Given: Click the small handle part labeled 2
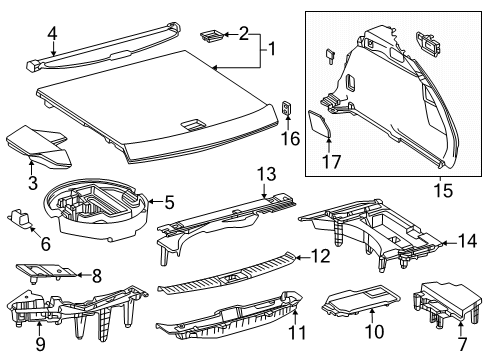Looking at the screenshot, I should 212,36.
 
